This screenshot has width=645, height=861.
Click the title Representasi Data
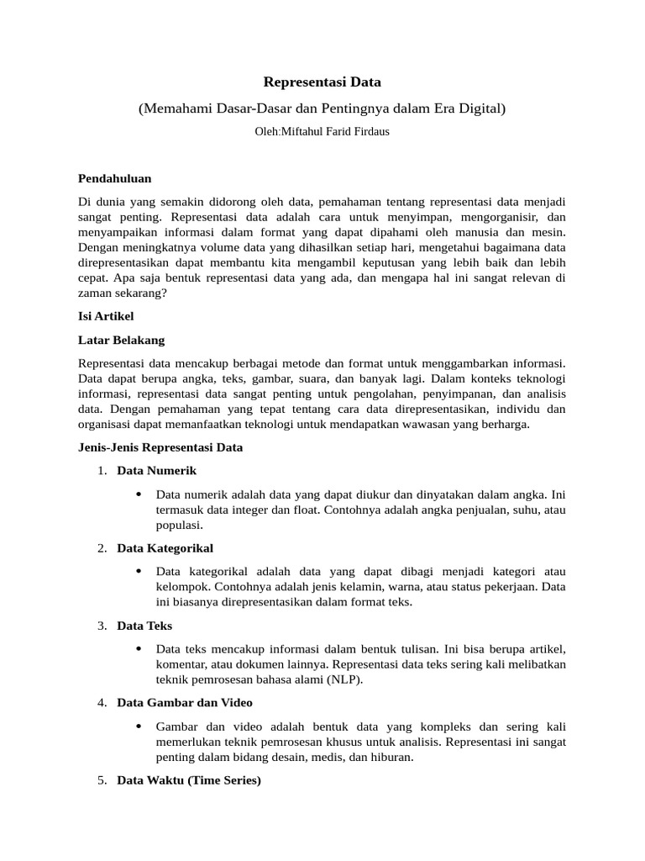[322, 82]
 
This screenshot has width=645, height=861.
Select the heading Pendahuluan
[114, 178]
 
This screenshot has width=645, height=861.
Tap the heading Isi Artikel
[106, 316]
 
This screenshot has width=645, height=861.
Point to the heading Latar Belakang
[121, 340]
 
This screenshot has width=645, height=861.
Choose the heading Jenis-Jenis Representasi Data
[160, 447]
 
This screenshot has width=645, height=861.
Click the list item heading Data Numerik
[157, 471]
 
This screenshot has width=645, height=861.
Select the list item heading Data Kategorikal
[165, 548]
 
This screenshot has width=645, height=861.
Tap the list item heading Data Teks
[144, 626]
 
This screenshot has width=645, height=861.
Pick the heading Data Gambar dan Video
[185, 703]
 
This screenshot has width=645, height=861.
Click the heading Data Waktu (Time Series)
[189, 780]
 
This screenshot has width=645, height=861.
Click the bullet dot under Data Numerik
[138, 494]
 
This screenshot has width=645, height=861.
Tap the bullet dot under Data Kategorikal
[138, 572]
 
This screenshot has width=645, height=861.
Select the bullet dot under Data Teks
[138, 649]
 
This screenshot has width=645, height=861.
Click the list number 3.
[101, 626]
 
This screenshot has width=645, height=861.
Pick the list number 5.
[101, 780]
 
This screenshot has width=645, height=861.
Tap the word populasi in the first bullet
[179, 525]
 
